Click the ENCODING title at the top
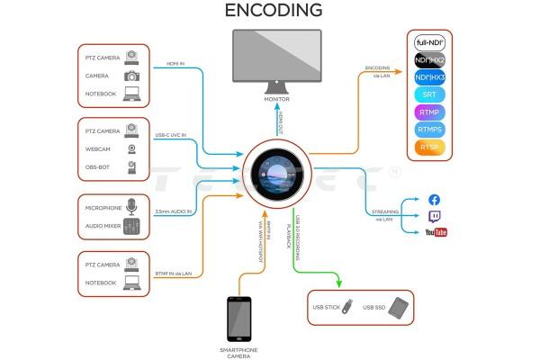[274, 11]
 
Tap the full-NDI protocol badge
[429, 42]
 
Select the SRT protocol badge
[429, 94]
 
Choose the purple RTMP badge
[429, 112]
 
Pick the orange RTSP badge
[429, 148]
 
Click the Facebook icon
[435, 200]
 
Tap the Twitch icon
[435, 216]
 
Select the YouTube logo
[436, 232]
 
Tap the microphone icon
[132, 205]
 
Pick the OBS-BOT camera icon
[132, 166]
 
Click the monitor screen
[276, 58]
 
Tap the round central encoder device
[276, 171]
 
